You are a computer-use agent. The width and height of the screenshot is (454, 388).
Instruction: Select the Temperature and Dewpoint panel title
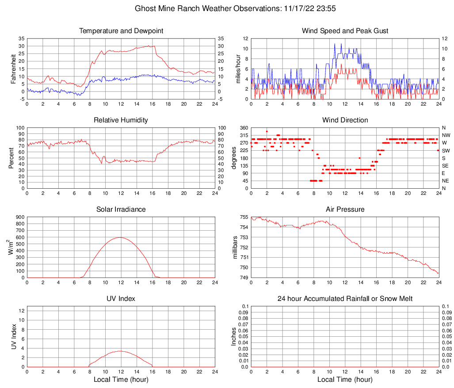[121, 31]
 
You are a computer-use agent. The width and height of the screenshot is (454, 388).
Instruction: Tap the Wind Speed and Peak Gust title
[345, 31]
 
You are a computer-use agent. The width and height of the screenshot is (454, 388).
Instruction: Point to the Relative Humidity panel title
[121, 120]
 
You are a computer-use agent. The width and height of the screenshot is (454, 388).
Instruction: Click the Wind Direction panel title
[345, 120]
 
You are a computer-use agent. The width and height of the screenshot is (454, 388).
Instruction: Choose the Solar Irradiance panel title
[121, 209]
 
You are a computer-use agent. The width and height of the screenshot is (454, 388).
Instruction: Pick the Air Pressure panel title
[345, 209]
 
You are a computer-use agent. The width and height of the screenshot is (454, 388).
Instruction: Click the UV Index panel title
[121, 299]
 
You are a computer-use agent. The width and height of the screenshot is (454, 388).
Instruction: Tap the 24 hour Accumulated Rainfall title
[345, 299]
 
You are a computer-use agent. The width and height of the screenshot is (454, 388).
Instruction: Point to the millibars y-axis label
[235, 247]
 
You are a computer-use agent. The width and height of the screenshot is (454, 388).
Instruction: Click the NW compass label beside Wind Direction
[446, 135]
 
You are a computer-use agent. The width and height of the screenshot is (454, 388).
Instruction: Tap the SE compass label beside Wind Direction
[446, 166]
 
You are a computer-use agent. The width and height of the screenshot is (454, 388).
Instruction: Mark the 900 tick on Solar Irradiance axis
[20, 217]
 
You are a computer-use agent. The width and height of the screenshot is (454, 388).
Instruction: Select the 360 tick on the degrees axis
[244, 128]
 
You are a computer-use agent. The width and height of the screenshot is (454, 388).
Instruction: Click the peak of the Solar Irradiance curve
[120, 237]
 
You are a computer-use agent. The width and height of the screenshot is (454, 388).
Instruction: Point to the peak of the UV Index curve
[120, 351]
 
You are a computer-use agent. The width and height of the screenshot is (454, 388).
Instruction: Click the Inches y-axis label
[234, 337]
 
